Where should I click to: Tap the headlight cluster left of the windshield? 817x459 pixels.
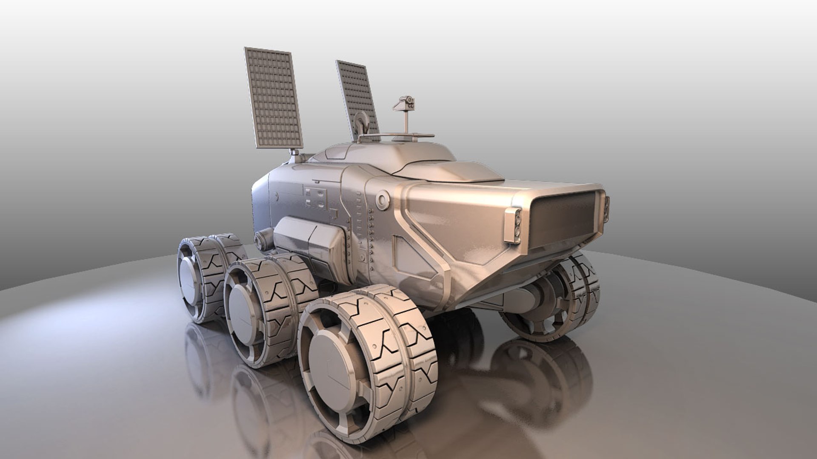coord(513,226)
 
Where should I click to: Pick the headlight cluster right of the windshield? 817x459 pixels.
coord(606,210)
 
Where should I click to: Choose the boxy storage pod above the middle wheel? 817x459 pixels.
coord(309,243)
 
